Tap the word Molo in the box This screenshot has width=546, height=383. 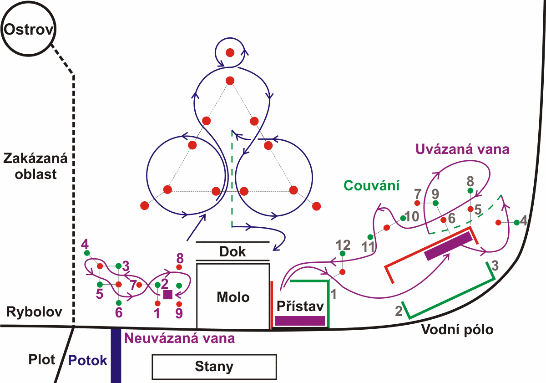coord(233,297)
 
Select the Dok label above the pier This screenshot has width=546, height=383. coord(233,252)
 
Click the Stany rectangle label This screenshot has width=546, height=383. coord(214,367)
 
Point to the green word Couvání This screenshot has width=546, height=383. coord(372,185)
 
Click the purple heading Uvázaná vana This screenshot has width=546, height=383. coord(462,149)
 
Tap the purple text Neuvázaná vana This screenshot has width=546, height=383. coord(180,338)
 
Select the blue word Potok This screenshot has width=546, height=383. coord(88,360)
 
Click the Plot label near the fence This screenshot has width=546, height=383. coord(41,359)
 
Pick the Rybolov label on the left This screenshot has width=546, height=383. coord(34,312)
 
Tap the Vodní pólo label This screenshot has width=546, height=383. coord(458,329)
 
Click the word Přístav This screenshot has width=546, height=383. coord(300,305)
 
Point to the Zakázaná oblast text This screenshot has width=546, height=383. coord(35,166)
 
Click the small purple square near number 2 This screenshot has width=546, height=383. coord(167,295)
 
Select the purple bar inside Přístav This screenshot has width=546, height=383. coord(300,321)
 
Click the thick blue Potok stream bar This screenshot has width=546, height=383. coord(116,355)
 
